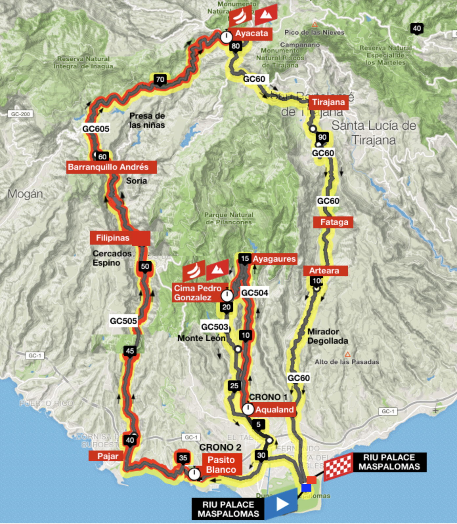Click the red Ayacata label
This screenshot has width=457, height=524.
[251, 33]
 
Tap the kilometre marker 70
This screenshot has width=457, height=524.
[160, 80]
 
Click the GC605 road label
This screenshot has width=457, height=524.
[96, 129]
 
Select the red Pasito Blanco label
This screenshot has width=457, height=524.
[221, 465]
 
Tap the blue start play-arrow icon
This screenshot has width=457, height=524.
[282, 504]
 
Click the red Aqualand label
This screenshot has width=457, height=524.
[274, 410]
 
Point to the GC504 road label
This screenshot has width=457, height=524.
[254, 293]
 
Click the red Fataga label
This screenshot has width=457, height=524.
[334, 222]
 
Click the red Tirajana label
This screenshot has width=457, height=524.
[328, 102]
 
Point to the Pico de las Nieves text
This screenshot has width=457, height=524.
[314, 32]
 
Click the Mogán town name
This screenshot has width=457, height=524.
[25, 194]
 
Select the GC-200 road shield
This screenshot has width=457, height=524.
[20, 114]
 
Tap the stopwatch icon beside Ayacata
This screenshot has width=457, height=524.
[226, 37]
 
